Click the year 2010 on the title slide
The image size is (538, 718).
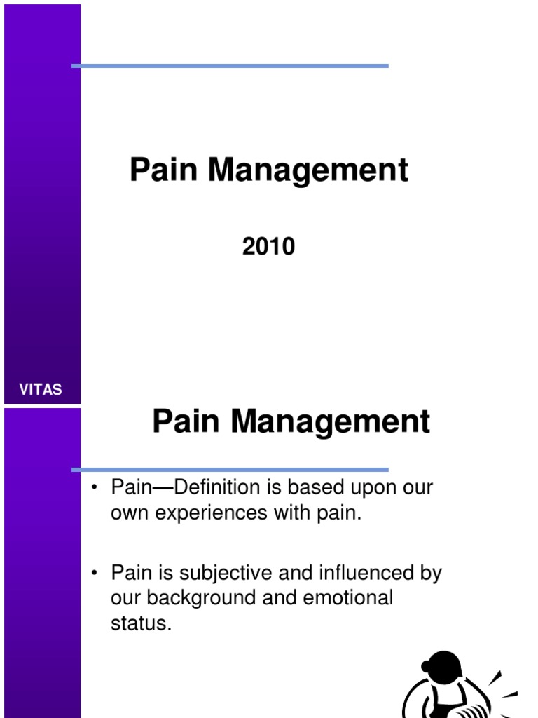click(269, 247)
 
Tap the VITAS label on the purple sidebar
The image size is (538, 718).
click(41, 390)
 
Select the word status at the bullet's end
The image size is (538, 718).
click(141, 623)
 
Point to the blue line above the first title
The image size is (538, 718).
click(230, 66)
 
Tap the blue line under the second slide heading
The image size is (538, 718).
click(230, 470)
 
